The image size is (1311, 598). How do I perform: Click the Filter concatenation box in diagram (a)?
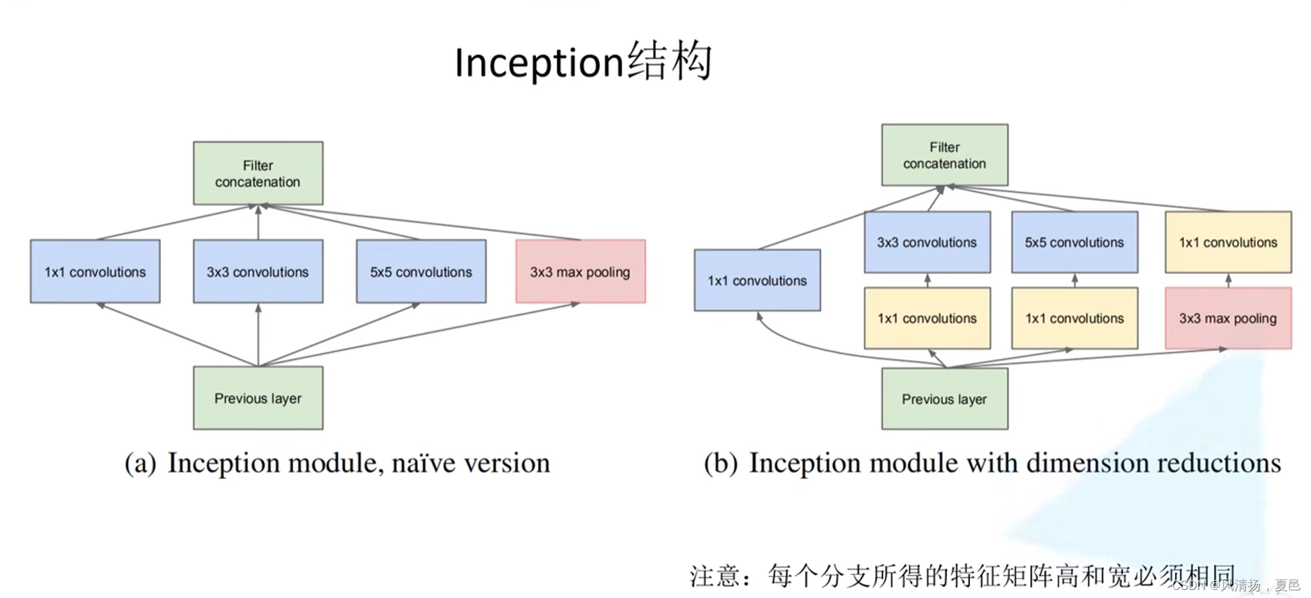click(x=257, y=173)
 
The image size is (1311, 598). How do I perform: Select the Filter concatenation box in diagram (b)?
click(x=944, y=155)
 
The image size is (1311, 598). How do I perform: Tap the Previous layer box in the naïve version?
click(x=257, y=398)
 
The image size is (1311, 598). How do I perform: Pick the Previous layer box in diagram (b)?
click(x=944, y=399)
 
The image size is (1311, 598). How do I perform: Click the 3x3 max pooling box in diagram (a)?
click(x=580, y=271)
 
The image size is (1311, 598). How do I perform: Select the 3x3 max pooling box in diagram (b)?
click(x=1228, y=318)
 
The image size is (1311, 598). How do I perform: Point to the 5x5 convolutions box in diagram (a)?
click(x=421, y=271)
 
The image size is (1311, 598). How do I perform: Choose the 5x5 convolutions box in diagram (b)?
click(x=1074, y=242)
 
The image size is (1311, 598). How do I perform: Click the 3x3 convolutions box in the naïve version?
click(x=257, y=271)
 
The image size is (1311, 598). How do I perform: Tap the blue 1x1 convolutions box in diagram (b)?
click(x=757, y=280)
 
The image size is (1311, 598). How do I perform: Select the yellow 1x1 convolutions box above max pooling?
click(x=1228, y=242)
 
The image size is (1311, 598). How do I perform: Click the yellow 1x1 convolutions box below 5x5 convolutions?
click(x=1074, y=318)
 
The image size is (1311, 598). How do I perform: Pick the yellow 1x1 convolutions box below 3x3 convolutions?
click(x=927, y=318)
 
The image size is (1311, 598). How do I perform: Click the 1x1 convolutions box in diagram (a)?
click(x=95, y=271)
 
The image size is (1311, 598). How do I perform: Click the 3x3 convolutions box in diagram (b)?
click(x=927, y=242)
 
